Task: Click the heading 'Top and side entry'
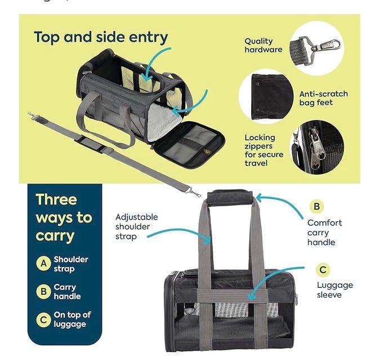pyautogui.click(x=101, y=38)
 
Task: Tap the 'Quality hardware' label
pyautogui.click(x=263, y=45)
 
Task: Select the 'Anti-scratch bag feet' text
pyautogui.click(x=323, y=98)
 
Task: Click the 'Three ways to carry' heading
pyautogui.click(x=64, y=217)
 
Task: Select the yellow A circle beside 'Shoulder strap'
pyautogui.click(x=43, y=264)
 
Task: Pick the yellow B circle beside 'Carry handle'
pyautogui.click(x=43, y=291)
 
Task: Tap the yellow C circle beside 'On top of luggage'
pyautogui.click(x=43, y=319)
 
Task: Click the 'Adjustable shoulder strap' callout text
pyautogui.click(x=136, y=226)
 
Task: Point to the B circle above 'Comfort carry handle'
pyautogui.click(x=316, y=207)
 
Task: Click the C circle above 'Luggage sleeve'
pyautogui.click(x=323, y=270)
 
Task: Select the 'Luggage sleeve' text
pyautogui.click(x=334, y=290)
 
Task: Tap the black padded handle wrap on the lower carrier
pyautogui.click(x=231, y=197)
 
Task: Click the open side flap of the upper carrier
pyautogui.click(x=190, y=143)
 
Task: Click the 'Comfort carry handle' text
pyautogui.click(x=324, y=232)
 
